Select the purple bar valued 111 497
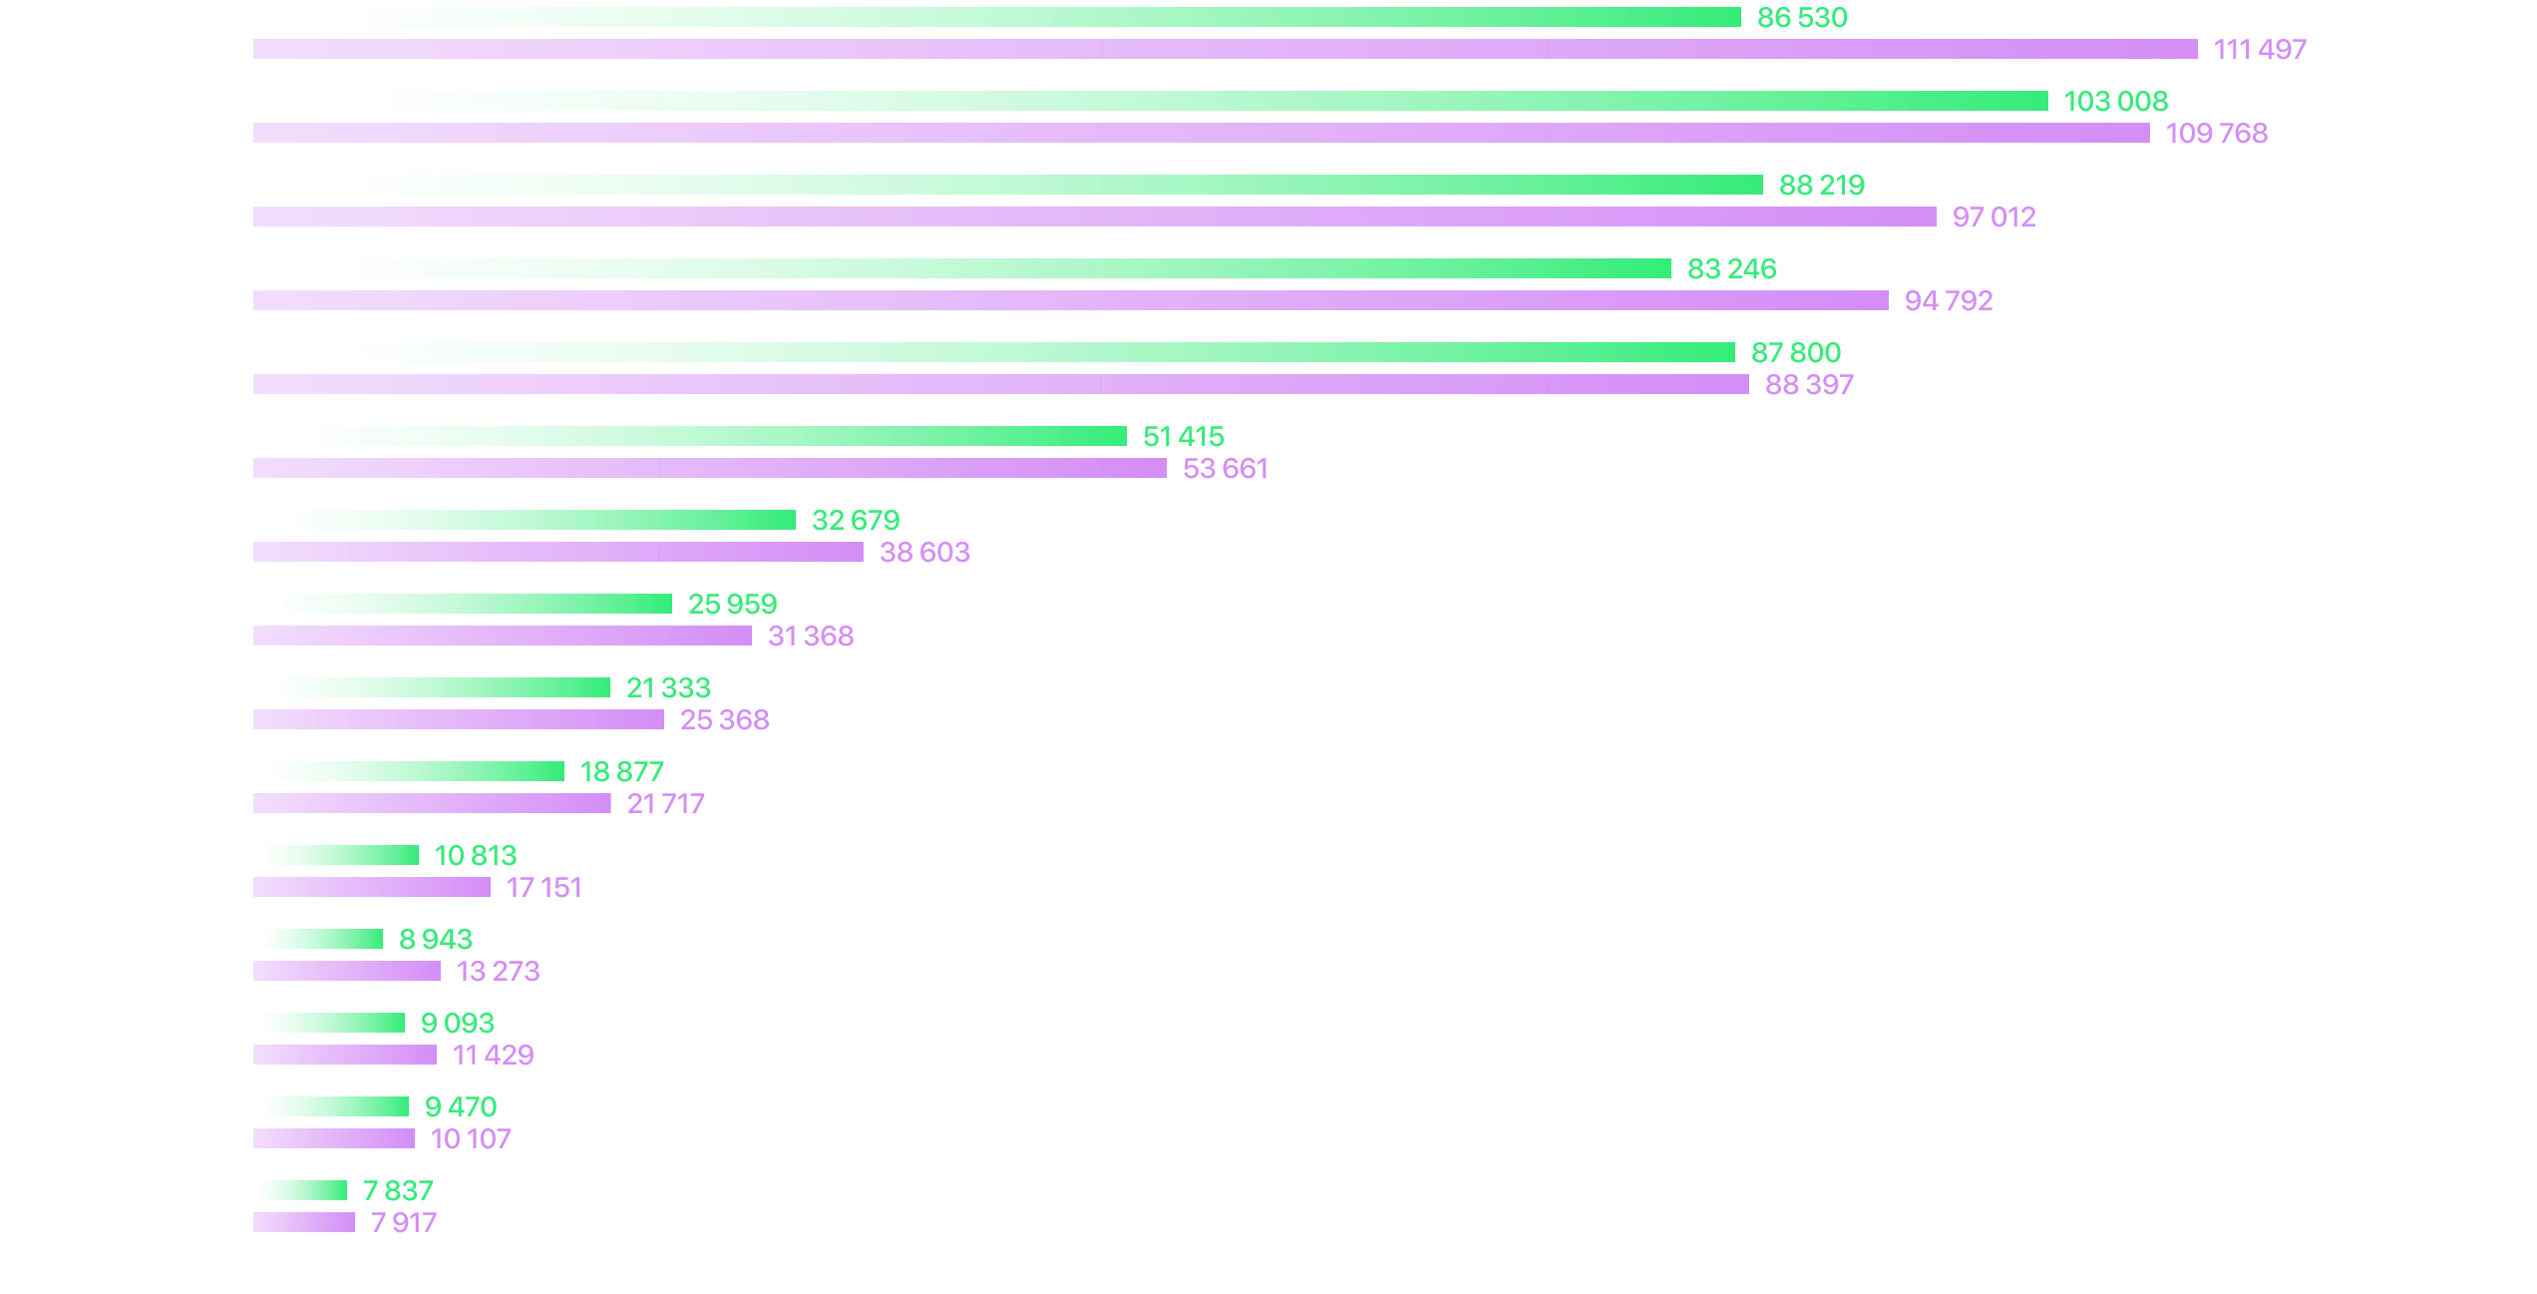1224,49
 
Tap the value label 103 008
2115,101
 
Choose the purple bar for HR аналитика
557,552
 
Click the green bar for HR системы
431,687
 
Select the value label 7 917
404,1222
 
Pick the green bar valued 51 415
688,436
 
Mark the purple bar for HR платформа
371,887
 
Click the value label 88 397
1809,384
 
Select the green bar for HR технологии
330,1106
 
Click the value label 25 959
732,604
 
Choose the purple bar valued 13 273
346,971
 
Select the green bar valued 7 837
299,1190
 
